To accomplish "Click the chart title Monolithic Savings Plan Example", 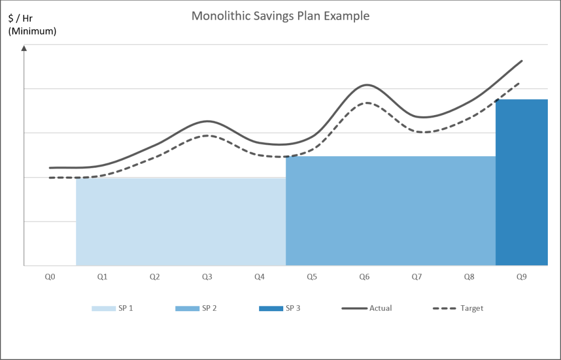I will tap(280, 16).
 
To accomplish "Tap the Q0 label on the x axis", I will tap(50, 277).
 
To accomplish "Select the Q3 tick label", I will tap(207, 277).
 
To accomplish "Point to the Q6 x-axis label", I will tap(364, 277).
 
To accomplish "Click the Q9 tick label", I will tap(522, 277).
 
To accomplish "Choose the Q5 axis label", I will tap(312, 277).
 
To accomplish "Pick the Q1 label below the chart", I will tap(102, 277).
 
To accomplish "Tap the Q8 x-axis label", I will tap(469, 277).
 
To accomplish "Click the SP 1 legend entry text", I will tap(125, 308).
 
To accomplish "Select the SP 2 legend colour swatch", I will tap(187, 308).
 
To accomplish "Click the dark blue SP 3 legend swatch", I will tap(270, 308).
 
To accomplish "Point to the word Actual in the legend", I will tap(380, 308).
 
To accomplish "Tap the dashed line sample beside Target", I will tap(444, 308).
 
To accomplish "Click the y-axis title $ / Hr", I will tap(20, 19).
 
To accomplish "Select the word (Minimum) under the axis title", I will tap(32, 31).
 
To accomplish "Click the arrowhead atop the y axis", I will tap(24, 49).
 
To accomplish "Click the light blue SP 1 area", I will tap(181, 222).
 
